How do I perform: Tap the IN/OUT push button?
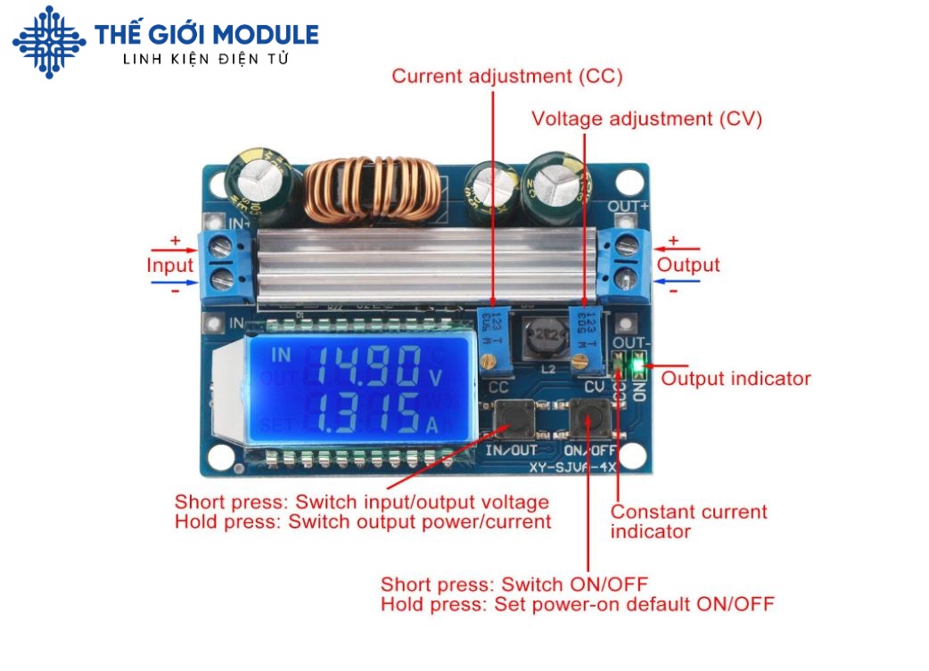tap(511, 416)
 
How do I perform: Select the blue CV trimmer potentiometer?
tap(583, 339)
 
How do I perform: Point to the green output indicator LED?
tap(636, 364)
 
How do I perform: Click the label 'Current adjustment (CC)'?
tap(507, 77)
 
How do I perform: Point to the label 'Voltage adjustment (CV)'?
tap(646, 119)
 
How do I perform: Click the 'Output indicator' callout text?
tap(736, 379)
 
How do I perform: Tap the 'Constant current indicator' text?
tap(688, 521)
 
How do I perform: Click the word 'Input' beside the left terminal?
tap(169, 266)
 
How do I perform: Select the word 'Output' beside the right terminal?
tap(688, 266)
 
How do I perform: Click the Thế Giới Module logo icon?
tap(49, 41)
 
